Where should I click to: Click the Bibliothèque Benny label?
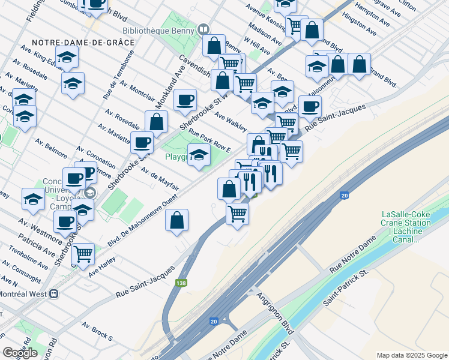coord(159,29)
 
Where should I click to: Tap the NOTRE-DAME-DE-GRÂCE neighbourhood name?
coord(83,43)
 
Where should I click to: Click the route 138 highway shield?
coord(181,283)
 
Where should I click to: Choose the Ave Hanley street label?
coord(101,267)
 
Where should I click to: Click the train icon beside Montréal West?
coord(54,295)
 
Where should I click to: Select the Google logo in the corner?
coord(20,353)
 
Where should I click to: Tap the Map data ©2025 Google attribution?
coord(412,355)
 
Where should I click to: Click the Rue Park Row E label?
coord(210,140)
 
